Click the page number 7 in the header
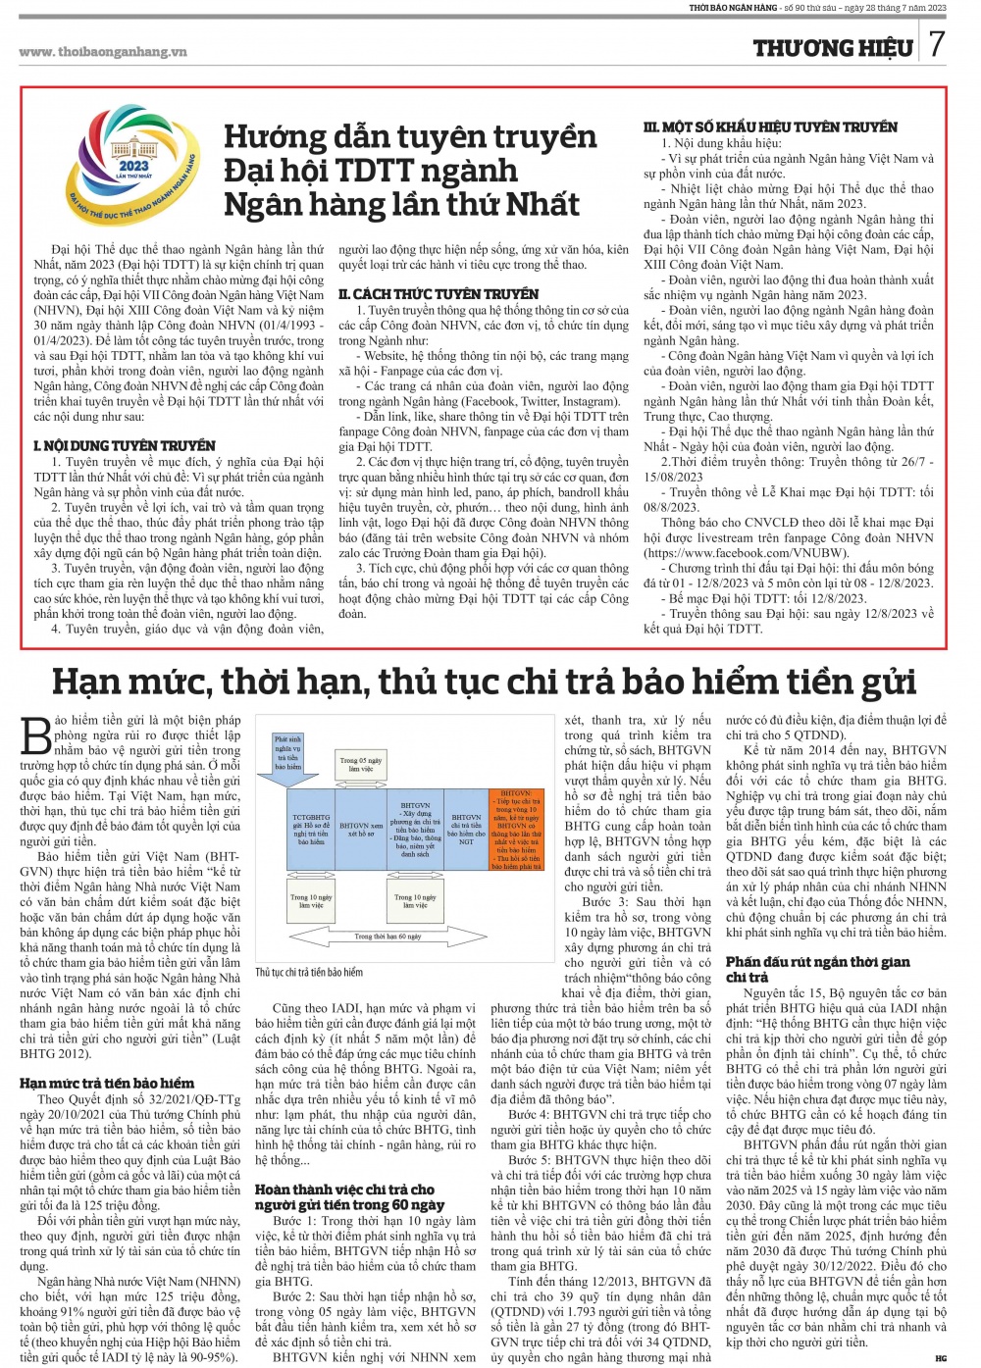pyautogui.click(x=937, y=44)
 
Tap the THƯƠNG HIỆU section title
pyautogui.click(x=832, y=47)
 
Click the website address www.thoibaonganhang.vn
pyautogui.click(x=102, y=52)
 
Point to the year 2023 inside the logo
pyautogui.click(x=133, y=166)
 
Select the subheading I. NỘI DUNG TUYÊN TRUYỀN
pyautogui.click(x=124, y=445)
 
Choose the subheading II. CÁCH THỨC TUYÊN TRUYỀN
pyautogui.click(x=439, y=293)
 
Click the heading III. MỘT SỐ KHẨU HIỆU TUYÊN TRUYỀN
pyautogui.click(x=770, y=127)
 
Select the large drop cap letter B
pyautogui.click(x=35, y=737)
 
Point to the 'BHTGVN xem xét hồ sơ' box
pyautogui.click(x=361, y=830)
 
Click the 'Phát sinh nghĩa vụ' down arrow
pyautogui.click(x=288, y=753)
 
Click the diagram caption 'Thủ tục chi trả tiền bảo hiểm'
pyautogui.click(x=309, y=972)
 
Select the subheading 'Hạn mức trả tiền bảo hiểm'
pyautogui.click(x=107, y=1083)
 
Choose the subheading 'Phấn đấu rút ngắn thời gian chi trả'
pyautogui.click(x=817, y=969)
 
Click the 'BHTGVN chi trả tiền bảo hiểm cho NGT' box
pyautogui.click(x=466, y=830)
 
